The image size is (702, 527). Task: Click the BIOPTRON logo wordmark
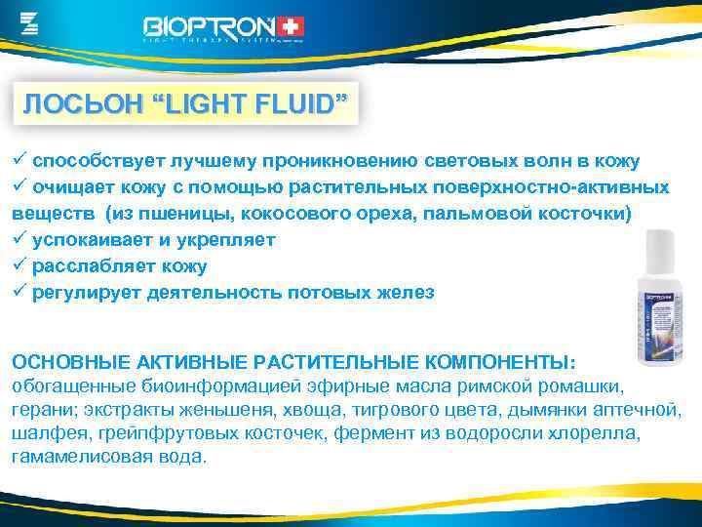210,26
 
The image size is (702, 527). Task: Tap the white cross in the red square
291,26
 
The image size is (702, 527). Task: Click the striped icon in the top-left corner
29,21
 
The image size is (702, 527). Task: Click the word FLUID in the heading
297,104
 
